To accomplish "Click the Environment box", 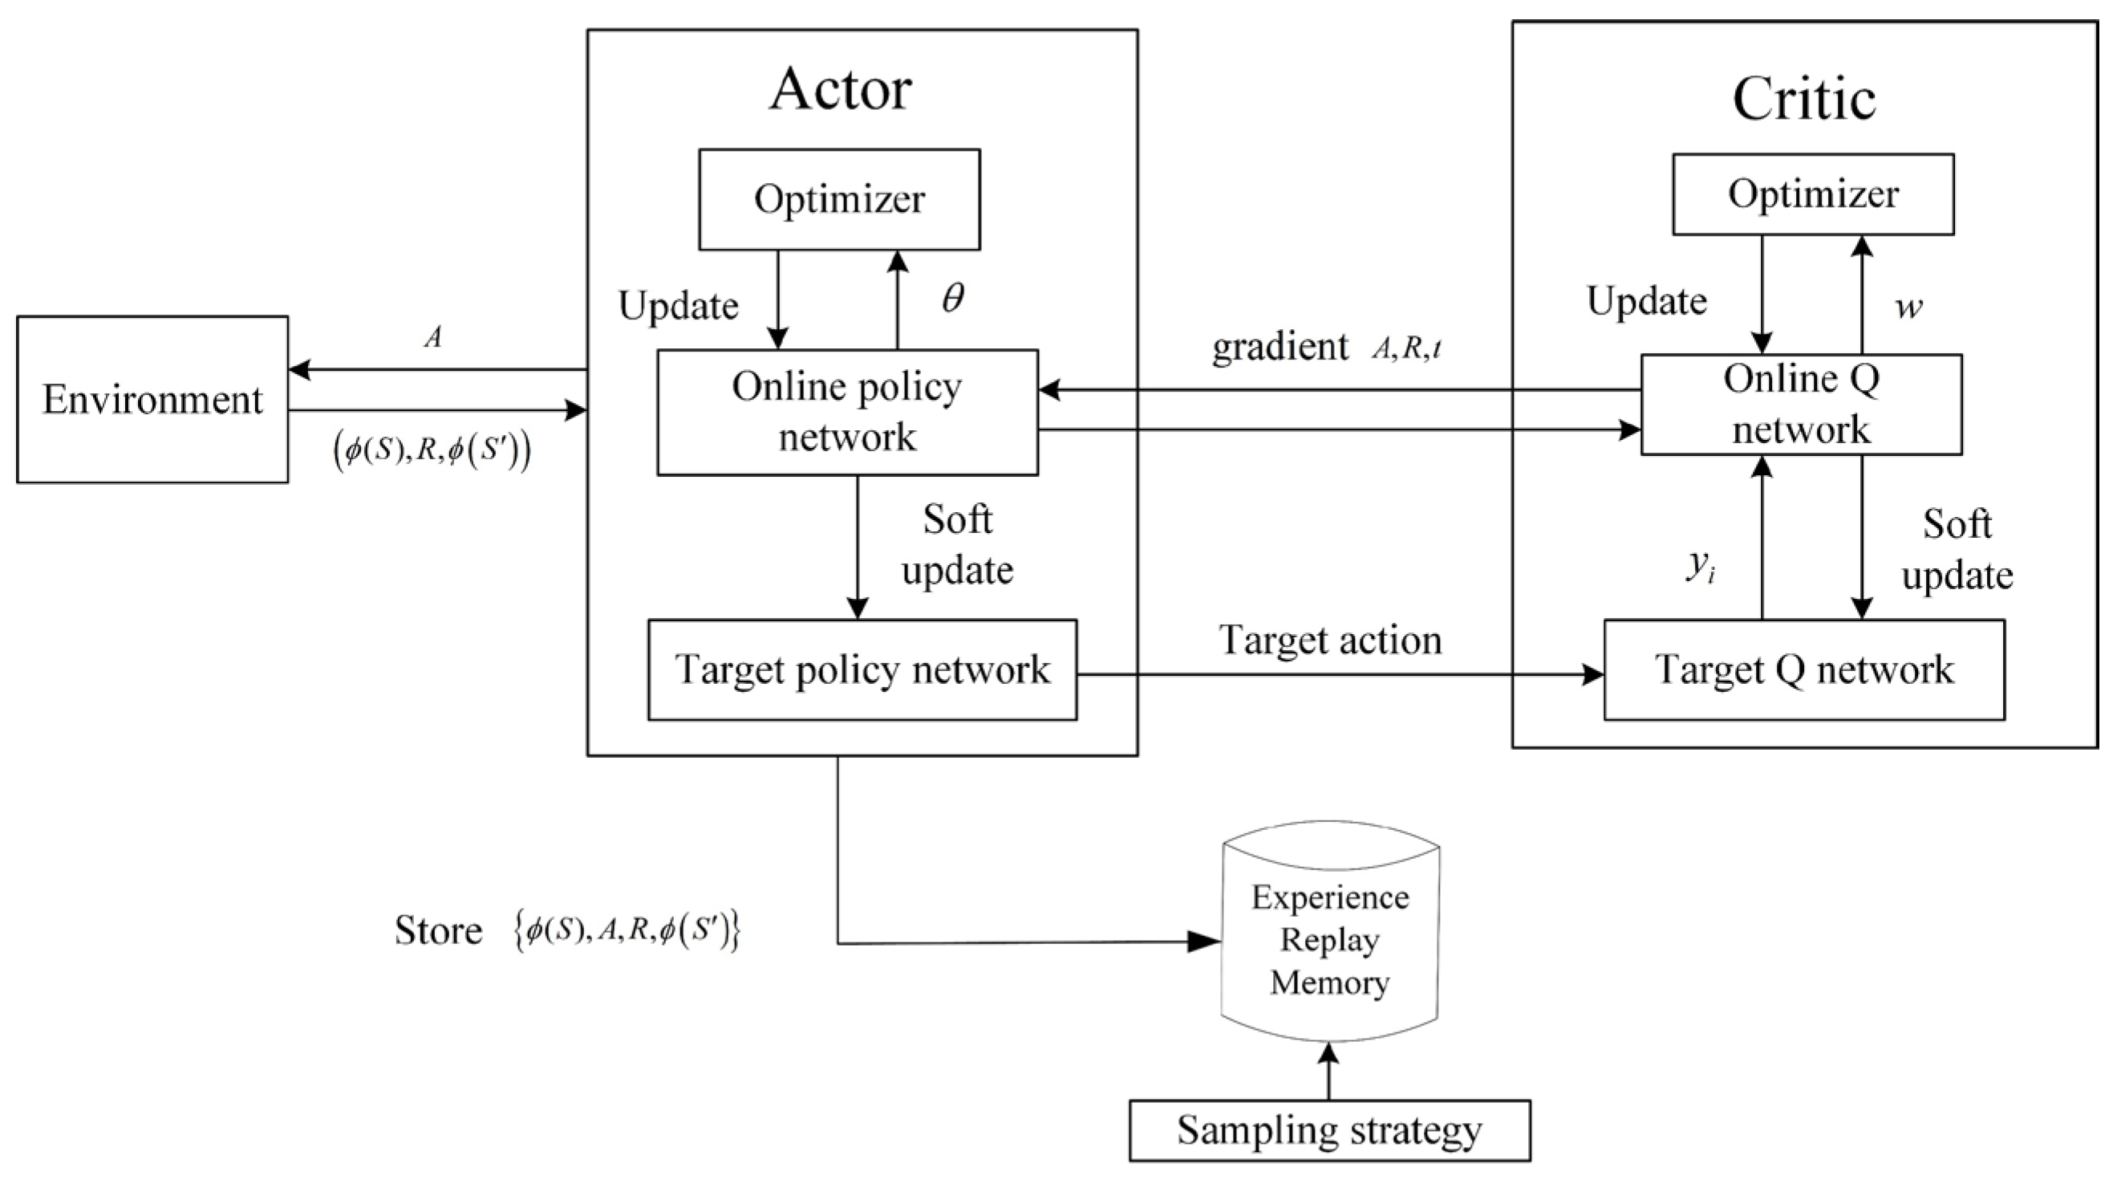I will tap(152, 400).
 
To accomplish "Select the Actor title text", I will tap(840, 89).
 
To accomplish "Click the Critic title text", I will tap(1804, 99).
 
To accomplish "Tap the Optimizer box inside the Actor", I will tap(839, 199).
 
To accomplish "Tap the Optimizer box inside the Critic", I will tap(1813, 195).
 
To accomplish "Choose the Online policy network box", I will tap(847, 412).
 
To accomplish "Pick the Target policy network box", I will tap(862, 670).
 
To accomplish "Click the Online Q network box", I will tap(1801, 405).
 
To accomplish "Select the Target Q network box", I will tap(1804, 670).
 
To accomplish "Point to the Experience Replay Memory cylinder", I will tap(1330, 940).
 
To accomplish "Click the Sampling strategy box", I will tap(1329, 1131).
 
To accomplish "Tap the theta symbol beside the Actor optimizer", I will tap(952, 298).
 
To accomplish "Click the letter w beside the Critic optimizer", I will tap(1908, 307).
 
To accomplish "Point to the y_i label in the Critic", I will tap(1701, 566).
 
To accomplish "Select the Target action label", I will tap(1330, 640).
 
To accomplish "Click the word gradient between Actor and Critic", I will tap(1280, 347).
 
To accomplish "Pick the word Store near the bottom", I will tap(438, 931).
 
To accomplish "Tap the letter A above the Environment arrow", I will tap(433, 337).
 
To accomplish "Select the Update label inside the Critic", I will tap(1646, 301).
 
